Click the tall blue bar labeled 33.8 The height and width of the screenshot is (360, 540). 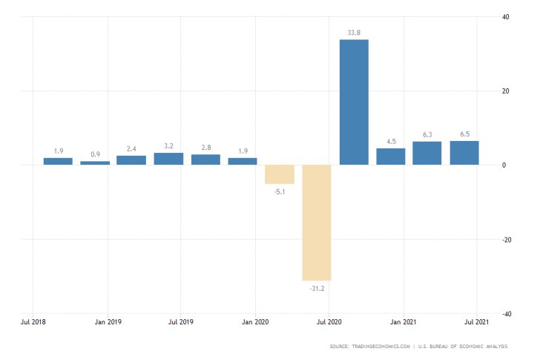[x=354, y=102]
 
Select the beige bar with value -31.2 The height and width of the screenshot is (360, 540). [x=317, y=222]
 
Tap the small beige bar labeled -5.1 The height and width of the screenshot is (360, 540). [x=280, y=174]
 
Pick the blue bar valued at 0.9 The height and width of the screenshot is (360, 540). [x=95, y=163]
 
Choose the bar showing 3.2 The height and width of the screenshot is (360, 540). [x=168, y=159]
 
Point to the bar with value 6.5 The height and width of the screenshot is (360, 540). [x=464, y=153]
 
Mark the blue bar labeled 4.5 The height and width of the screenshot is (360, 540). [x=391, y=157]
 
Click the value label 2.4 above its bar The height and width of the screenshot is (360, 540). [x=132, y=148]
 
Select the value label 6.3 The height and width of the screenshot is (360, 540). [x=427, y=134]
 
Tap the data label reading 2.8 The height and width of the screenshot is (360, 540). [x=205, y=147]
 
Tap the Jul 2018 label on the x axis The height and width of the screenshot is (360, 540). [x=34, y=323]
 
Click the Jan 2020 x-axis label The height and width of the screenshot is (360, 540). [x=255, y=323]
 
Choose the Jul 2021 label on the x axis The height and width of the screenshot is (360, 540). [x=477, y=323]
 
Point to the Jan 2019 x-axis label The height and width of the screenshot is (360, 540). [x=108, y=323]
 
